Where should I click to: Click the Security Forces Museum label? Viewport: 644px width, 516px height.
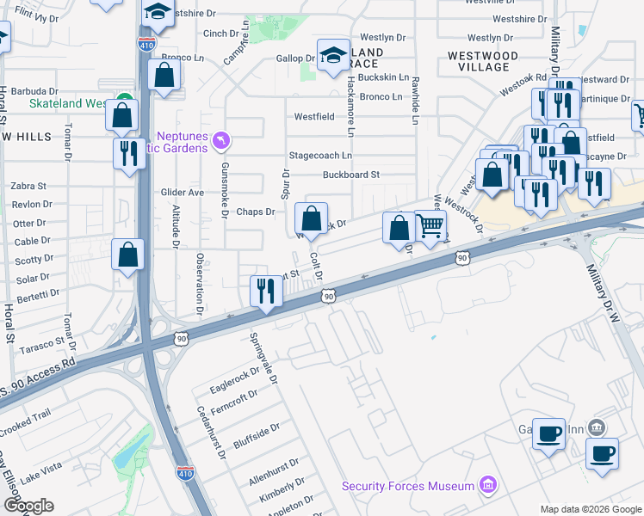click(x=408, y=486)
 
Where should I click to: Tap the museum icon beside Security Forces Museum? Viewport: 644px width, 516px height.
click(x=488, y=485)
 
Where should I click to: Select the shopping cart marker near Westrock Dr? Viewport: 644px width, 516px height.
click(x=430, y=226)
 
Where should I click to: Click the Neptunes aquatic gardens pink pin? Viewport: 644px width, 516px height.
click(x=223, y=139)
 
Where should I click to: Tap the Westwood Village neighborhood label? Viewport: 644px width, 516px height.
click(x=484, y=61)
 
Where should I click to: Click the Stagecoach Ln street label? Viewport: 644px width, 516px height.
click(x=320, y=156)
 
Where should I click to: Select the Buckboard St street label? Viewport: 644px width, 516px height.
click(x=351, y=175)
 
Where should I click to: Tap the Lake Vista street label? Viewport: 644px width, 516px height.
click(x=41, y=468)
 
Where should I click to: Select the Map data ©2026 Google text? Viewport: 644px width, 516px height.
click(x=590, y=509)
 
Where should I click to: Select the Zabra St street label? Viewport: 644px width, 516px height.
click(x=28, y=186)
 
